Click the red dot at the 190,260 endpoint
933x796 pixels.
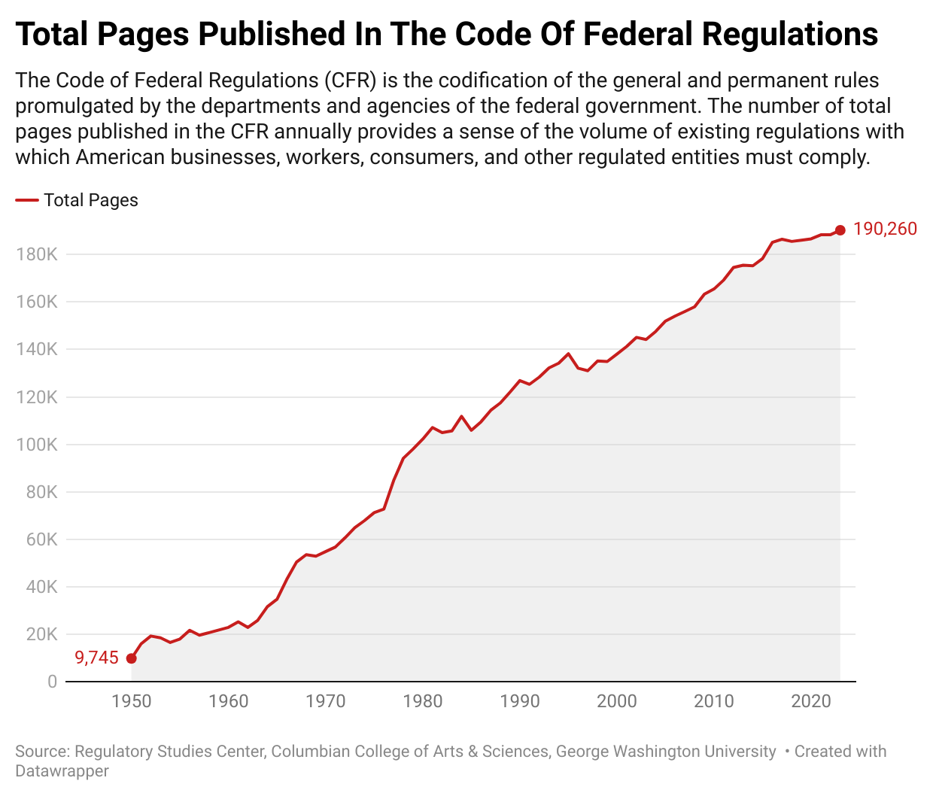[840, 230]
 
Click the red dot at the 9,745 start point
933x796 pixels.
[131, 658]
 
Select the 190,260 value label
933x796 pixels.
[885, 229]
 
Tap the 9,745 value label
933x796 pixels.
[97, 658]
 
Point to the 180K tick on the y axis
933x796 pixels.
[36, 254]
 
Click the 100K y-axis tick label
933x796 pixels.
[36, 445]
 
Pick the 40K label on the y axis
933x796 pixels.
[41, 587]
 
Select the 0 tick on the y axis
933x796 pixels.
[52, 682]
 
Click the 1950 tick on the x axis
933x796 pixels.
[132, 701]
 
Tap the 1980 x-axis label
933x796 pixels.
[423, 701]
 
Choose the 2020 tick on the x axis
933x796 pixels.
[810, 701]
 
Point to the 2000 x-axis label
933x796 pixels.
[617, 701]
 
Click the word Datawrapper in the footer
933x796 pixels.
[62, 771]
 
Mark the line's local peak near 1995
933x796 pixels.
[568, 354]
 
